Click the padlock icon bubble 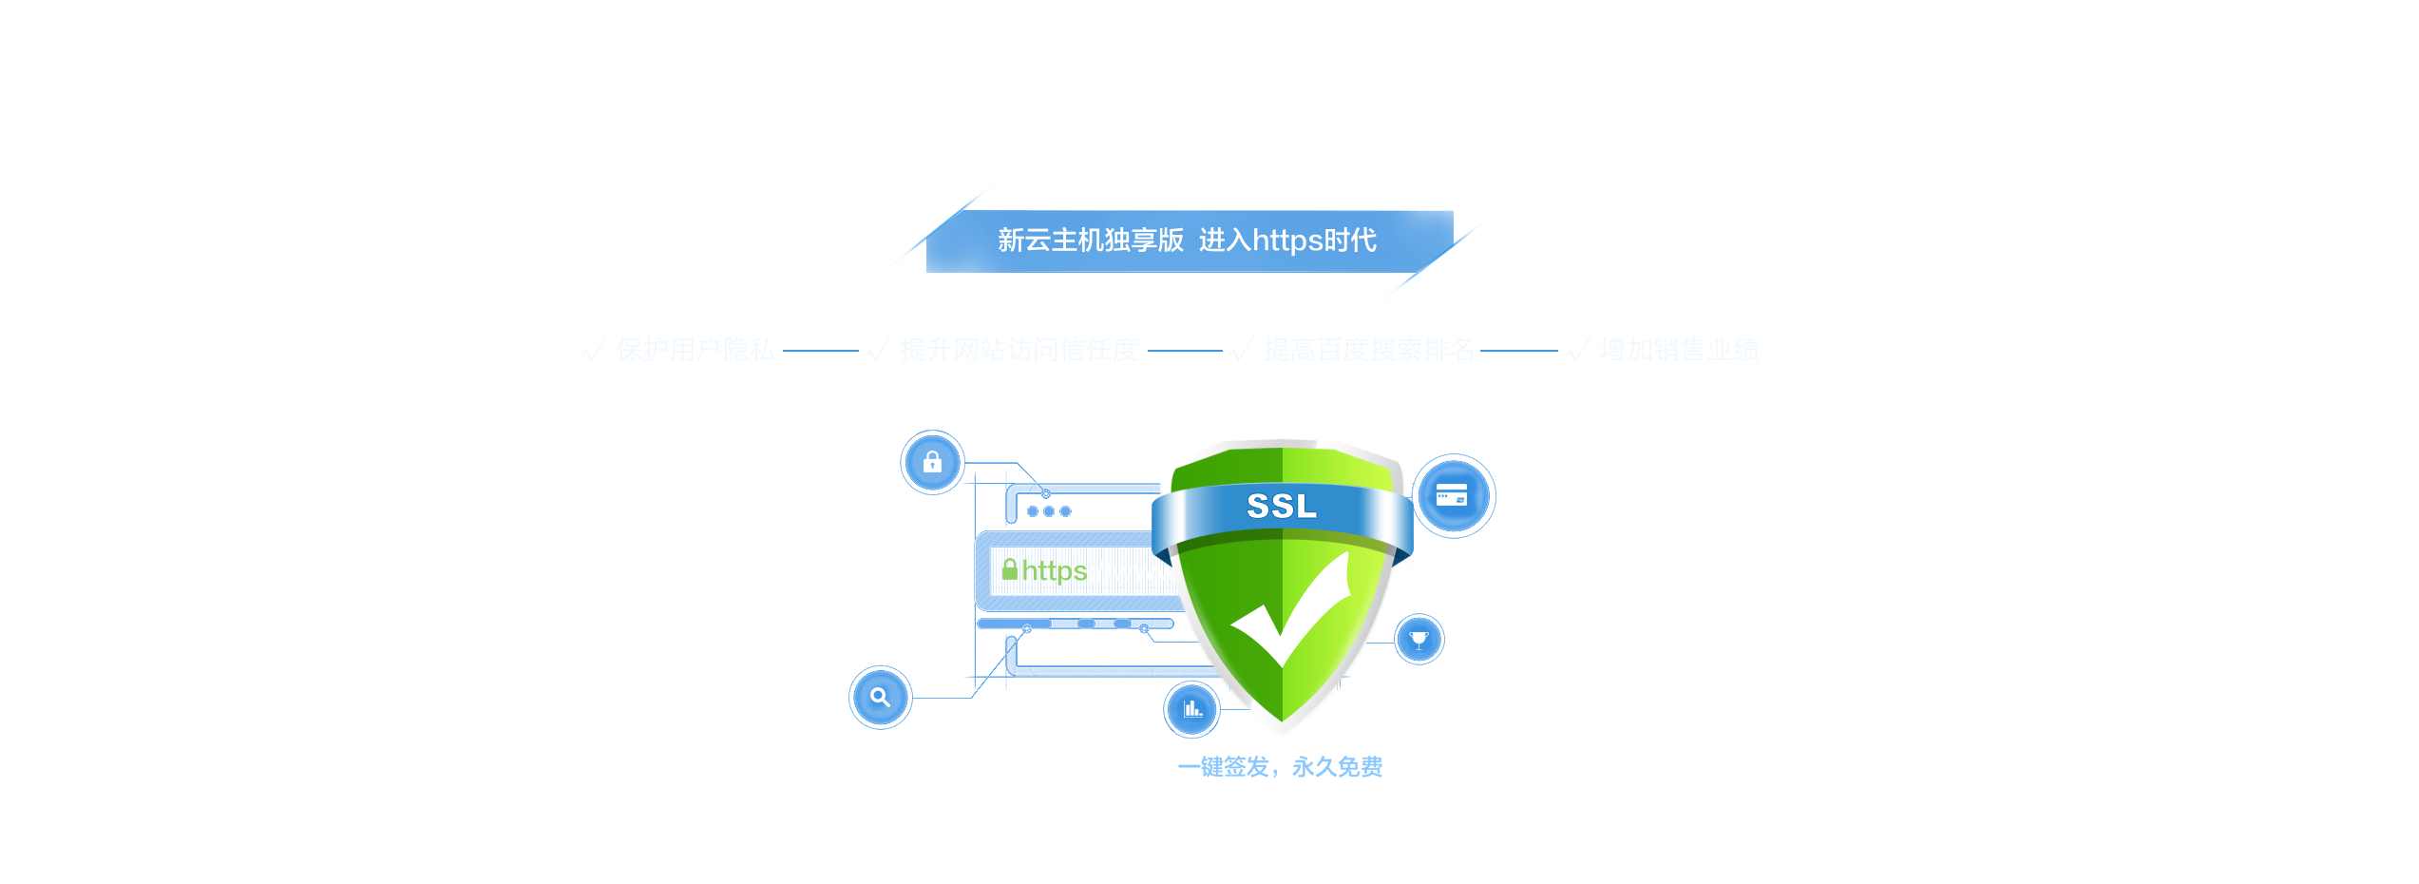coord(932,462)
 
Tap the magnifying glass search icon coord(880,697)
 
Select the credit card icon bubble coord(1451,495)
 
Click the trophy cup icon coord(1419,639)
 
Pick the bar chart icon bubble coord(1192,708)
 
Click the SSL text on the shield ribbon coord(1281,506)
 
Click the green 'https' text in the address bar coord(1055,570)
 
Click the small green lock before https coord(1010,568)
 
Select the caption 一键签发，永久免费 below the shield coord(1281,766)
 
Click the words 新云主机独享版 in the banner coord(1090,240)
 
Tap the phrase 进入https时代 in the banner coord(1287,240)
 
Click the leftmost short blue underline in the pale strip coord(820,351)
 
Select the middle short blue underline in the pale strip coord(1185,351)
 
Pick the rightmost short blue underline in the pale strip coord(1518,351)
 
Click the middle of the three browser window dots coord(1049,511)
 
